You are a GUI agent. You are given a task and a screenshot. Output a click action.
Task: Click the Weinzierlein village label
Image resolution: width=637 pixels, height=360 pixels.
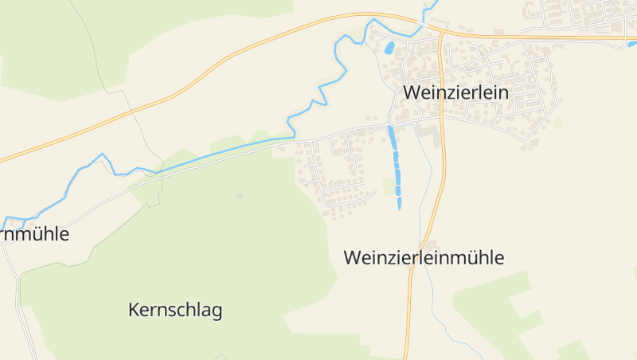tap(455, 92)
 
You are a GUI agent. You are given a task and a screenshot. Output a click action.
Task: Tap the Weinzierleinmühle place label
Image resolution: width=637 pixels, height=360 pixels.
tap(424, 258)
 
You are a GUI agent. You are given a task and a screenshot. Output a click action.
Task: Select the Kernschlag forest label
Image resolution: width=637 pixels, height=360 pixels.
tap(175, 311)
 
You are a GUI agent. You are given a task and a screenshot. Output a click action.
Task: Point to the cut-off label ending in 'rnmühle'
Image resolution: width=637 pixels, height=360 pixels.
tap(35, 234)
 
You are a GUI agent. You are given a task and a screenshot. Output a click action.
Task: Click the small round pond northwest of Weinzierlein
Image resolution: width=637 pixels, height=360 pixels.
tap(389, 48)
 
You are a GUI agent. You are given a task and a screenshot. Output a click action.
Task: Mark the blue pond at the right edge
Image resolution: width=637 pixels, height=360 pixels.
tap(632, 44)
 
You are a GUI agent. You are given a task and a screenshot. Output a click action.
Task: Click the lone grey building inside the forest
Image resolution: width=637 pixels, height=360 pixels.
tap(239, 195)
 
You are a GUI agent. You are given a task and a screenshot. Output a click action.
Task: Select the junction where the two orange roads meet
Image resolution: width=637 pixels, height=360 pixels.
tap(440, 33)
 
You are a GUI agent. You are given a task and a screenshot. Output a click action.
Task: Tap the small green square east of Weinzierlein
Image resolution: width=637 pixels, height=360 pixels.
tap(558, 123)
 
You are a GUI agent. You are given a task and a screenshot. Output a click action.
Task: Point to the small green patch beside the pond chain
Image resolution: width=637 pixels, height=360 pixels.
tap(388, 186)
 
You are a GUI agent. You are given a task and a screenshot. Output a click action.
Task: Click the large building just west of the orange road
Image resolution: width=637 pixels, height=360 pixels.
tap(428, 129)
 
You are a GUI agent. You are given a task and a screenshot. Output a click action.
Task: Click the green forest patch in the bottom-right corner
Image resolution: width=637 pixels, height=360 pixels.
tap(573, 350)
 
